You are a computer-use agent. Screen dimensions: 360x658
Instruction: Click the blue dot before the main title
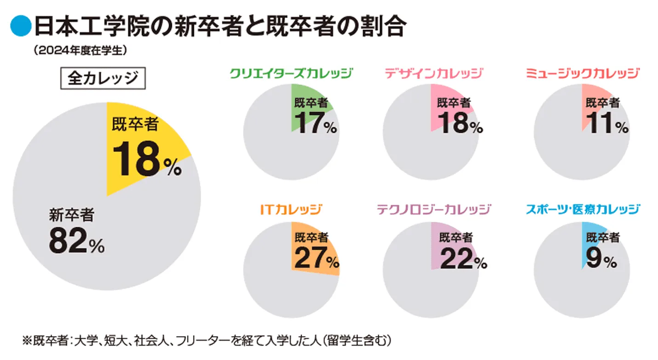tap(19, 27)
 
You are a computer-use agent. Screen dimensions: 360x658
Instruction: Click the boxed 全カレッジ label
tap(102, 79)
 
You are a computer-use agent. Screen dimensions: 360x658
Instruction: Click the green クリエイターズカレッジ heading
tap(291, 73)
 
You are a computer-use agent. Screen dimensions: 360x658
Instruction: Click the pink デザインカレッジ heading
tap(434, 73)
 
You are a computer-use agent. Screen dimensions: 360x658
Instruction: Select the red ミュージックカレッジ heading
tap(582, 73)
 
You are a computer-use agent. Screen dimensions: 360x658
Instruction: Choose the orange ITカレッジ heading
tap(291, 209)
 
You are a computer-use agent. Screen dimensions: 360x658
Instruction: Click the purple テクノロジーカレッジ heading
tap(434, 209)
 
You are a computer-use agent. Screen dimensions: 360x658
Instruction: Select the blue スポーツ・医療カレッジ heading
tap(583, 209)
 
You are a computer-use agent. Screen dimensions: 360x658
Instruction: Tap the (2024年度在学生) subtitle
tap(79, 50)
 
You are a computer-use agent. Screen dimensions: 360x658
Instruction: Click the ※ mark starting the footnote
tap(26, 340)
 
